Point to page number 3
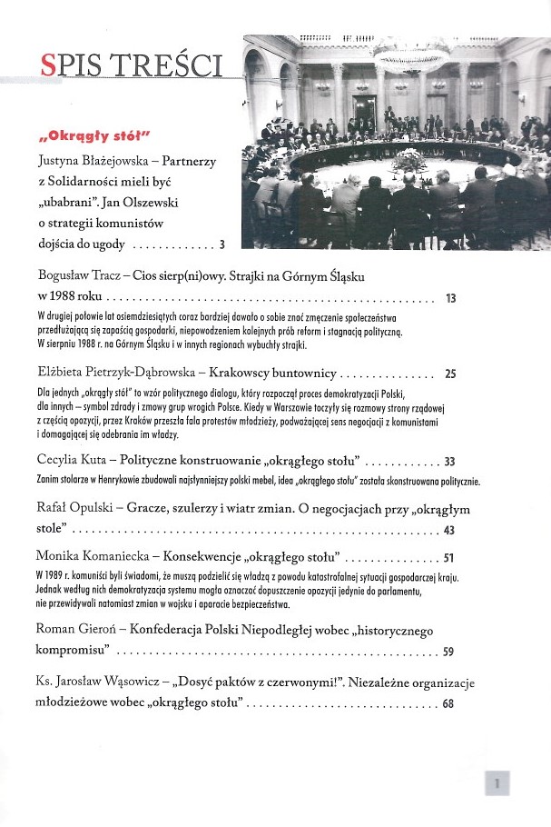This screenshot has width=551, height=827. coord(221,244)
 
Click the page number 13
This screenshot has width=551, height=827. coord(450,298)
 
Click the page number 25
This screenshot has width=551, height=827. coord(450,374)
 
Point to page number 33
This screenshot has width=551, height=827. coord(450,462)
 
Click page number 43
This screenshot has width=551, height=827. coord(450,531)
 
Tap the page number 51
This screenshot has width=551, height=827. coord(450,556)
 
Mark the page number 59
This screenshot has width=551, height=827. coord(449,652)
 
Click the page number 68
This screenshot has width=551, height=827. coord(449,704)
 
